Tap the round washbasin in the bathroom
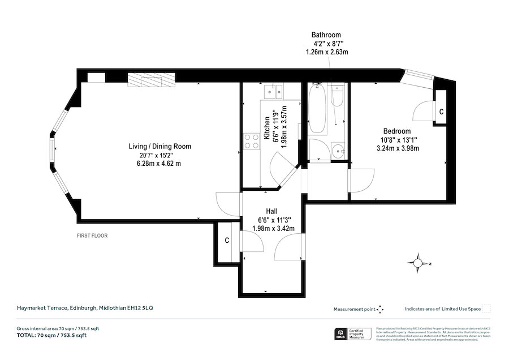[338, 151]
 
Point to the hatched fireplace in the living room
[151, 81]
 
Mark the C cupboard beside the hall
[227, 241]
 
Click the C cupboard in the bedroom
[441, 112]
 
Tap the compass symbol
[417, 263]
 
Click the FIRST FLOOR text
[92, 235]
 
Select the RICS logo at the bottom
[342, 335]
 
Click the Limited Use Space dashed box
[487, 308]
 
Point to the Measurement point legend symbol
[380, 309]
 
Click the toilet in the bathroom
[338, 97]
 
